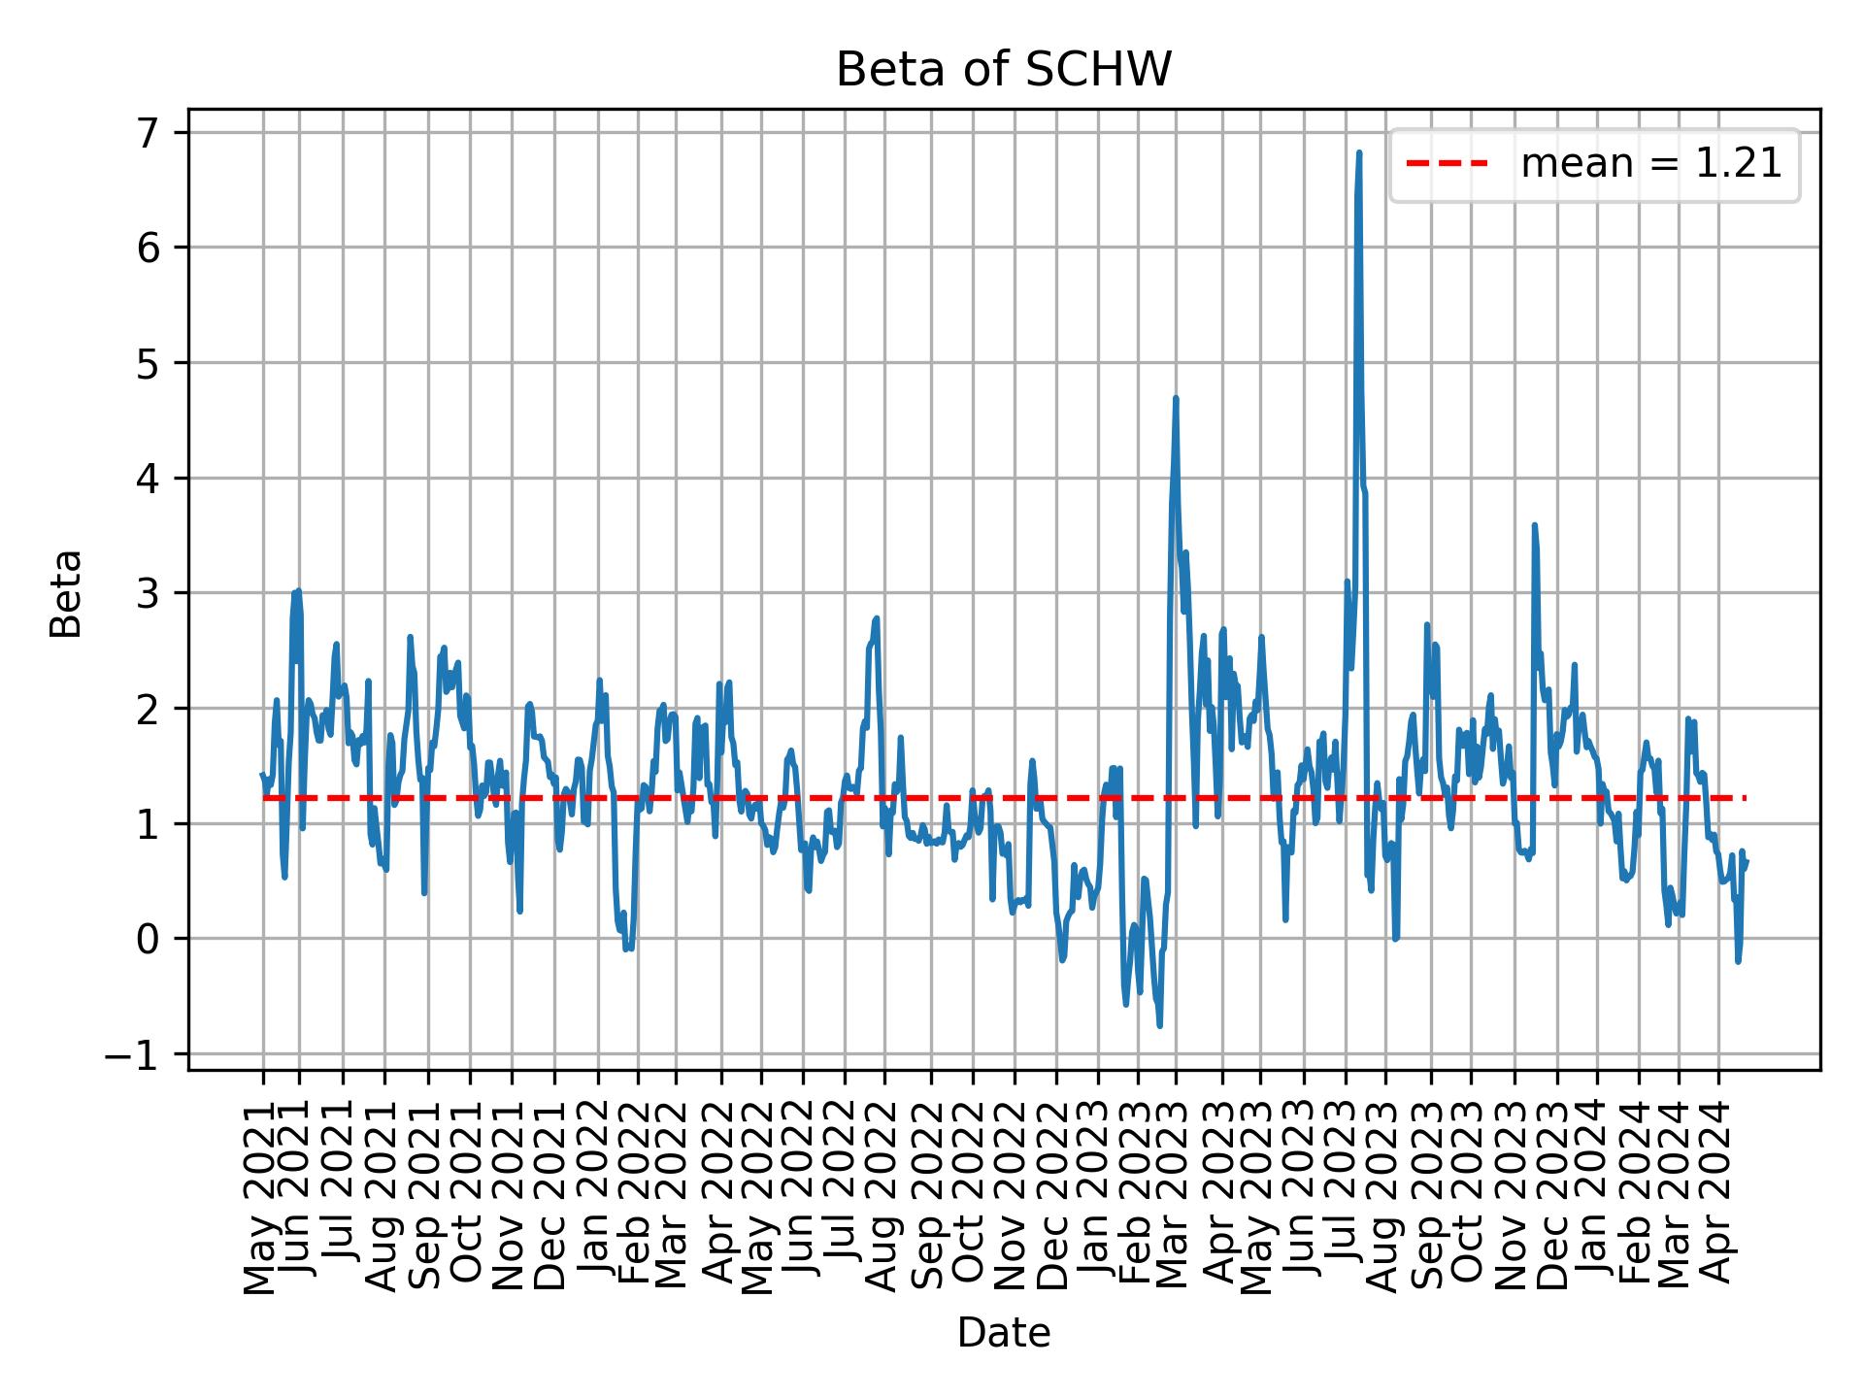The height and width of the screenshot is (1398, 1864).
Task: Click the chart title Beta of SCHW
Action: coord(1004,70)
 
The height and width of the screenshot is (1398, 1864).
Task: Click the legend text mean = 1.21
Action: coord(1650,164)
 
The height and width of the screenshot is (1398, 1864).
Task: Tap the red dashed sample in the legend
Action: coord(1447,164)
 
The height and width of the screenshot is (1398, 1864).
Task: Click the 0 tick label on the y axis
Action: coord(146,940)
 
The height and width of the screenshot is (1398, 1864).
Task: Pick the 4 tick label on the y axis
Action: coord(146,479)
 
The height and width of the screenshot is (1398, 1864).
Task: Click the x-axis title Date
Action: coord(1004,1333)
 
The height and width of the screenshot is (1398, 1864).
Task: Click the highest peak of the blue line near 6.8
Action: coord(1359,153)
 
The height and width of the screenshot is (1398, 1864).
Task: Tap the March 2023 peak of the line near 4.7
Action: coord(1176,398)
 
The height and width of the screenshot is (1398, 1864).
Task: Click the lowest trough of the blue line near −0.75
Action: coord(1160,1025)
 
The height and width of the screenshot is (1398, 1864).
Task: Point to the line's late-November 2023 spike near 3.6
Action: coord(1534,525)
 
